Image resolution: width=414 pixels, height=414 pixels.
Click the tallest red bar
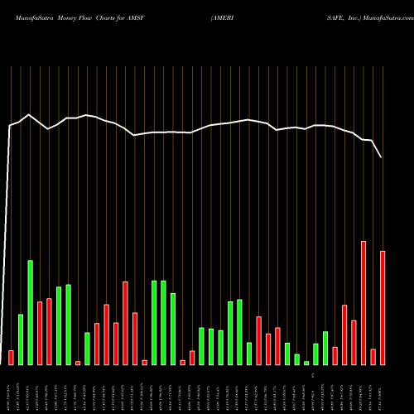363,303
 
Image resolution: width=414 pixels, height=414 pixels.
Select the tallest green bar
31,313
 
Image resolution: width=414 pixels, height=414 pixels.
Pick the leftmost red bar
12,358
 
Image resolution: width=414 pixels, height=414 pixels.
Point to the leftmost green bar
21,339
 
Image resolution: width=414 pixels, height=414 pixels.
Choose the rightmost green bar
325,348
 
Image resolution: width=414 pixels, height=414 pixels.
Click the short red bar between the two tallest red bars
373,357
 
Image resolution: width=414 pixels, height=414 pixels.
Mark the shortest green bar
306,363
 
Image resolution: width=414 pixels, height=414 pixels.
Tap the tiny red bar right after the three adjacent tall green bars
183,362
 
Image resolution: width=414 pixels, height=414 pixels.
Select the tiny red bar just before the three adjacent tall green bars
144,362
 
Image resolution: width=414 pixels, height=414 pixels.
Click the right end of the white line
382,156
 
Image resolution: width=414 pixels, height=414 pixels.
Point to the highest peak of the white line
29,115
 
